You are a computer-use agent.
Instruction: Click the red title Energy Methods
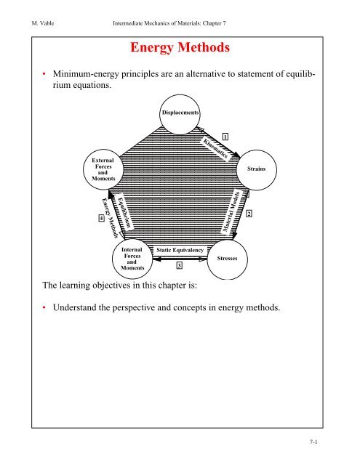(x=180, y=49)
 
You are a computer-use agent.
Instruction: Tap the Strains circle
(x=257, y=168)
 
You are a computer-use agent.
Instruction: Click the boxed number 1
(x=226, y=137)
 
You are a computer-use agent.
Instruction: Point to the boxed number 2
(x=249, y=213)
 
